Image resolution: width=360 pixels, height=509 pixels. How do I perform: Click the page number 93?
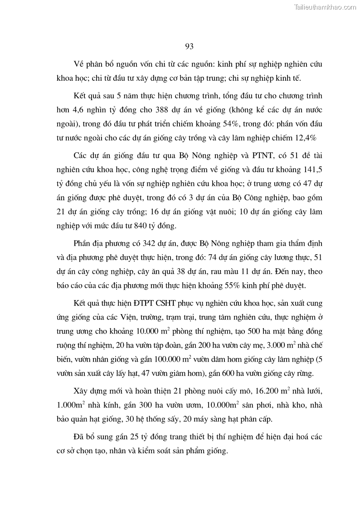[190, 46]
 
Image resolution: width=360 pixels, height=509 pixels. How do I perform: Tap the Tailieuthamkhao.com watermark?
[326, 7]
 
